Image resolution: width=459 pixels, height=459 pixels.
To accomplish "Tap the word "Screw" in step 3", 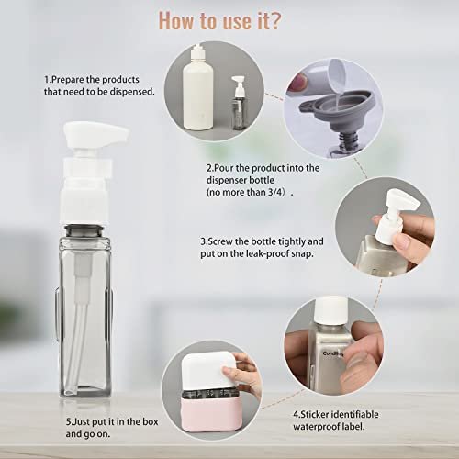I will (x=223, y=241).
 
